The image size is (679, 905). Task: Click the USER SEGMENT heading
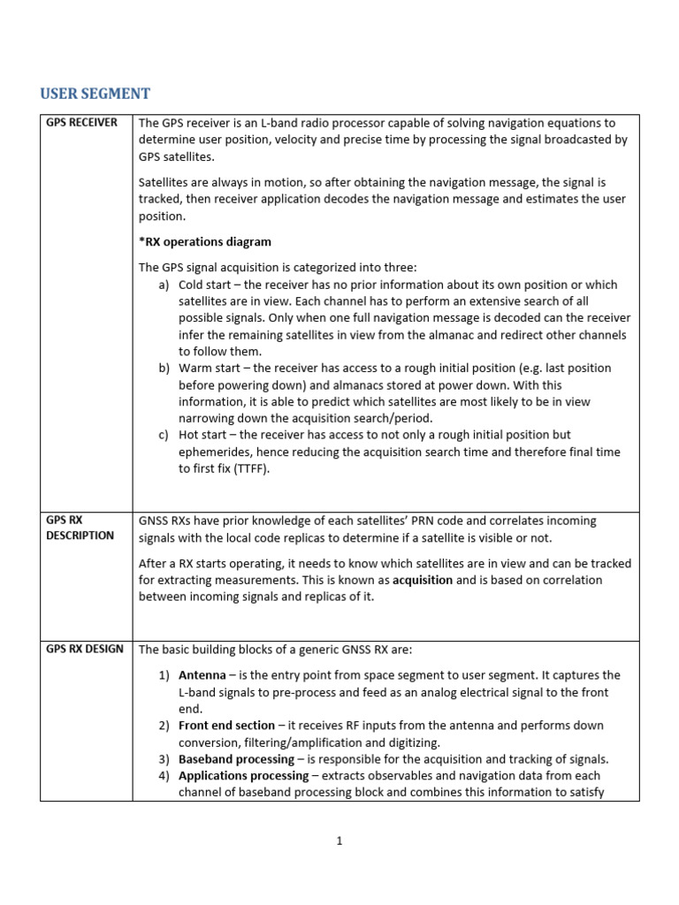tap(95, 94)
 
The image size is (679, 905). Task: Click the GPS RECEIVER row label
tap(81, 123)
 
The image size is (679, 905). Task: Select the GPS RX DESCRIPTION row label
tap(80, 529)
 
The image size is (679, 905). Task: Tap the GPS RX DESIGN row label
tap(85, 650)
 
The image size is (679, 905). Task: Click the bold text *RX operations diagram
tap(205, 241)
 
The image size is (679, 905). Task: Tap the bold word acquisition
tap(423, 580)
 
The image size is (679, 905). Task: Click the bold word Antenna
tap(202, 675)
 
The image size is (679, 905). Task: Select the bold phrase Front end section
tap(226, 726)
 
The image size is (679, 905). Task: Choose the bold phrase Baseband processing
tap(236, 759)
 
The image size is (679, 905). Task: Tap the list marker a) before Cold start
tap(164, 285)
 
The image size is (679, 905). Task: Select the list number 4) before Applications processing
tap(164, 776)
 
